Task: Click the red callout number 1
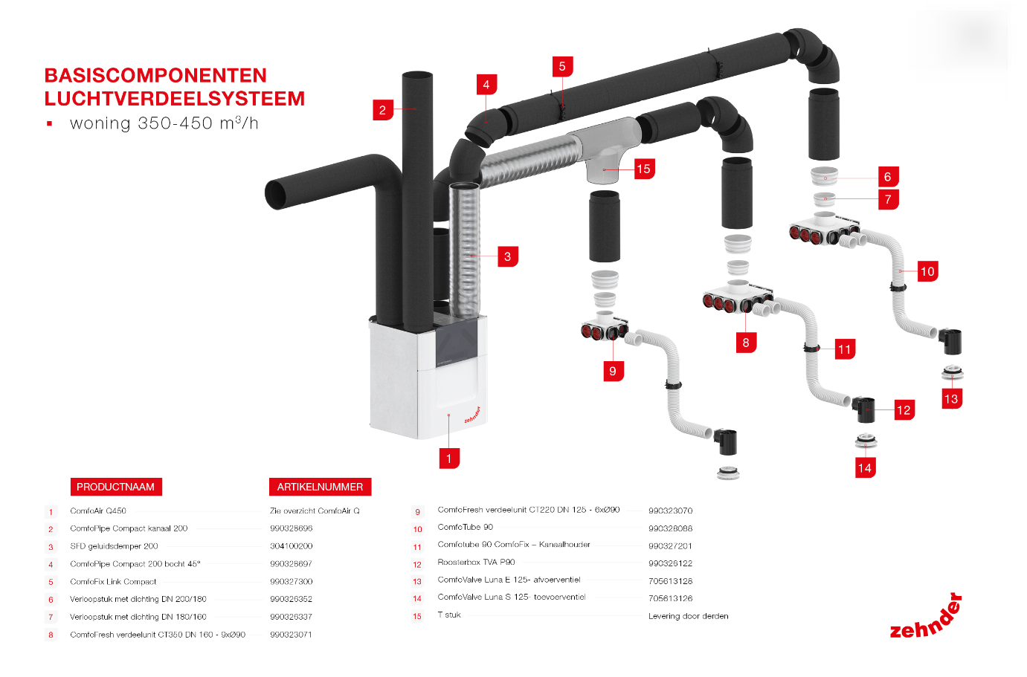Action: click(449, 458)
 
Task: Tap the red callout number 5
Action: click(562, 66)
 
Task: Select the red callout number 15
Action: click(644, 169)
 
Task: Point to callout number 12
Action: click(904, 409)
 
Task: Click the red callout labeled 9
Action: click(613, 371)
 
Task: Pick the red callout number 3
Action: click(507, 256)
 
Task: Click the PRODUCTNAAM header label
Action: click(115, 487)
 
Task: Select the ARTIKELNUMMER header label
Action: click(320, 487)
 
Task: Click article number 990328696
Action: click(292, 528)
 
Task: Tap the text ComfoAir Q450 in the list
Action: click(98, 511)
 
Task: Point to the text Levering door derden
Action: click(689, 616)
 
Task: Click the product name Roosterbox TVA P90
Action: click(476, 563)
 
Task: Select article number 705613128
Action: click(670, 581)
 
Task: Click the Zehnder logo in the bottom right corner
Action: click(927, 619)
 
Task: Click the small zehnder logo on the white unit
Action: click(472, 415)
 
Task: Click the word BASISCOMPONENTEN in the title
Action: click(155, 76)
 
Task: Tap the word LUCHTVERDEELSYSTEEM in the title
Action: click(175, 99)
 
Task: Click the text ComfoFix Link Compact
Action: click(113, 582)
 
